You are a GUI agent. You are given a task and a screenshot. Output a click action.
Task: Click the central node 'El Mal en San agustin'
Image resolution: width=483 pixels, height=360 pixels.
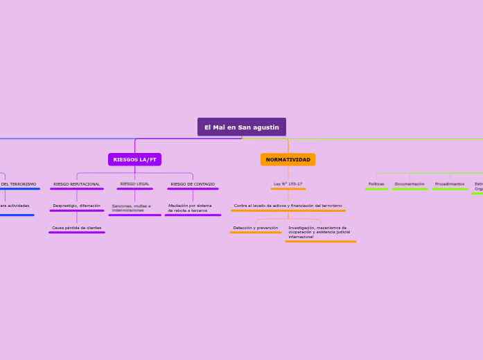241,127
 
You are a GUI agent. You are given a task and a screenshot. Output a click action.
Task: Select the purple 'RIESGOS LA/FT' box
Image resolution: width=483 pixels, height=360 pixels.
134,159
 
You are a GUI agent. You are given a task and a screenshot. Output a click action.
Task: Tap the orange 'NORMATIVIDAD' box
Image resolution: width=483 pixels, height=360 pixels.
288,159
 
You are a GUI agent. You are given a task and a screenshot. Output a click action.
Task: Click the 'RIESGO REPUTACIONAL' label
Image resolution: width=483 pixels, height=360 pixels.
76,184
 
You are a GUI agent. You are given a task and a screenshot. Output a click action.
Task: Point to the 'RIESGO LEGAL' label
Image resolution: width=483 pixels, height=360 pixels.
134,184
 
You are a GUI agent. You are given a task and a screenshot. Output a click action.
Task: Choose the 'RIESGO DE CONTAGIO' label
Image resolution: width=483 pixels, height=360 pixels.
193,184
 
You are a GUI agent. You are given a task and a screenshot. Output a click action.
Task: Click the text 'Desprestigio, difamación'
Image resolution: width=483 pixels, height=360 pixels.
76,206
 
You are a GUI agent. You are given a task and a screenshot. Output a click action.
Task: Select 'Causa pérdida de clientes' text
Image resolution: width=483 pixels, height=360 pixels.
76,228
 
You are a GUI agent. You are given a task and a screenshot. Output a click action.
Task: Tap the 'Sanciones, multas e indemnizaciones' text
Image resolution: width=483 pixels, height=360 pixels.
132,208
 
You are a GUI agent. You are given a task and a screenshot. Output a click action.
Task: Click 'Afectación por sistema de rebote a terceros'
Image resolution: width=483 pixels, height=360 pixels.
190,208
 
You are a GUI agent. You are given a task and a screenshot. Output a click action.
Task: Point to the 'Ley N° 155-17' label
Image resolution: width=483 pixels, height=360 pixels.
288,184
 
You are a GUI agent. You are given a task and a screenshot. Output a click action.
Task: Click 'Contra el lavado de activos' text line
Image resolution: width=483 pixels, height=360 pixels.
288,206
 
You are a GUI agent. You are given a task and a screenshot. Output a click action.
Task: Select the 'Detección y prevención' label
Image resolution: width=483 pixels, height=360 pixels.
255,228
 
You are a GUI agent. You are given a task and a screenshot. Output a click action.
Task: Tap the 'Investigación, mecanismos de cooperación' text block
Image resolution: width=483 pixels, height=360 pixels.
319,232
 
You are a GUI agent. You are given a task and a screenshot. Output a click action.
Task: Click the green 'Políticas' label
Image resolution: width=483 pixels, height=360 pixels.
376,184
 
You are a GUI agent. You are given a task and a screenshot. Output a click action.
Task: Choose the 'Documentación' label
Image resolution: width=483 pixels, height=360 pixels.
409,184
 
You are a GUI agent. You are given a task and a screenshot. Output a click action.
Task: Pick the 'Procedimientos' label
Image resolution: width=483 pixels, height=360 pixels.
449,184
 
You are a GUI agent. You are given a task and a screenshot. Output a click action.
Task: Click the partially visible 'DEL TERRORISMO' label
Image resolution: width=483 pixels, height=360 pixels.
19,184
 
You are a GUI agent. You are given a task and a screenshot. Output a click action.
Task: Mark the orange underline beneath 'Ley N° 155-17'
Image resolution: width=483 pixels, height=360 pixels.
288,189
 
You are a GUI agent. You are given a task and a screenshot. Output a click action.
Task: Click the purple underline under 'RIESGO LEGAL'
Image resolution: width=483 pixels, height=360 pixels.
134,189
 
